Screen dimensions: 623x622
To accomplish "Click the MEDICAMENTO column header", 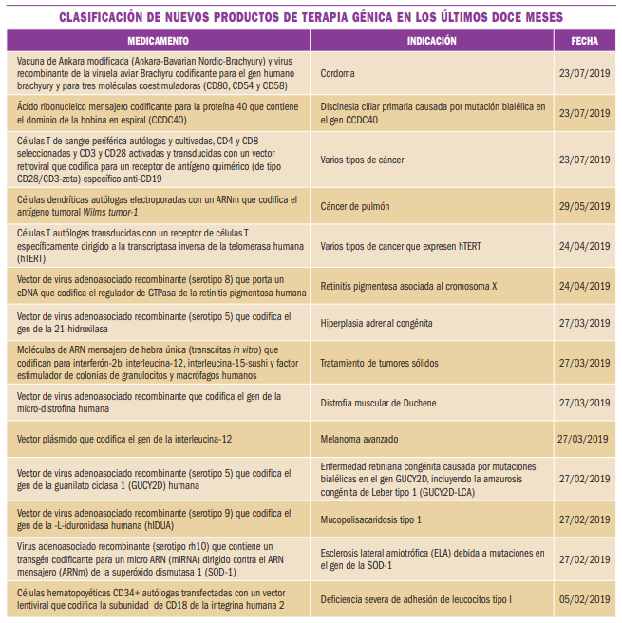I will click(159, 42).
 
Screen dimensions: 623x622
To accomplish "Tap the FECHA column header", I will click(584, 42).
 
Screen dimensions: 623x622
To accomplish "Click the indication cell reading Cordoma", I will click(337, 72).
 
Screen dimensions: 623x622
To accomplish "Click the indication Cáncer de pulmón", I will click(355, 206).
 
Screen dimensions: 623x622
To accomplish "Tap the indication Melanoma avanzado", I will click(360, 440).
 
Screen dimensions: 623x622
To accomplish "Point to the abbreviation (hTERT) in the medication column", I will click(33, 256).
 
